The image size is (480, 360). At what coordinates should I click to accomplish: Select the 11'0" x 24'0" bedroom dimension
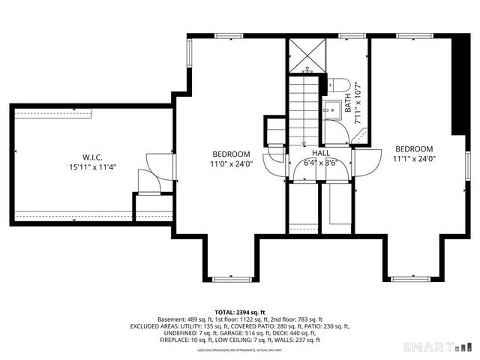point(231,163)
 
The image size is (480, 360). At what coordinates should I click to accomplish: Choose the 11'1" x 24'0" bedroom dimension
point(414,158)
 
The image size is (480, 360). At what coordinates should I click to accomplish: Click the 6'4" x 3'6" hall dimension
point(321,162)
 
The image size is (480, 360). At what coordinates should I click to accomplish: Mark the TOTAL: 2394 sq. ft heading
point(240,312)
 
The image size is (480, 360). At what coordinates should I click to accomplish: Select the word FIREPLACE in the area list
point(179,340)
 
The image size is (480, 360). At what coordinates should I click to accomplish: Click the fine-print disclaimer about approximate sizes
point(240,349)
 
